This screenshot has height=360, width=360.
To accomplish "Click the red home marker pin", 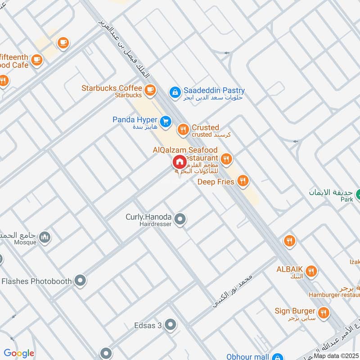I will coord(179,162).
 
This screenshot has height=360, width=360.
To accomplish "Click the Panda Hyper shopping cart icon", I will coord(166,121).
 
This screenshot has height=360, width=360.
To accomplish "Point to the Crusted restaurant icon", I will coord(183,130).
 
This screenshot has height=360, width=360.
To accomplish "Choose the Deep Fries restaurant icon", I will coord(243,181).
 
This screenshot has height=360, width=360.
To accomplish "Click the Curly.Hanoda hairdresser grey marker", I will coord(180,219).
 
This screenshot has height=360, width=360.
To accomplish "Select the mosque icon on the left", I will coord(44,237).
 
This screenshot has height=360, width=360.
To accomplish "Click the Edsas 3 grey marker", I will coord(170,324).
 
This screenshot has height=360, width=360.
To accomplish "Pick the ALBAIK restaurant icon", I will coord(310,271).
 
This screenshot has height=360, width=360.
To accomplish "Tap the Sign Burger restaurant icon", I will coord(323,312).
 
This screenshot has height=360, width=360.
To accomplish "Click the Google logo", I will coord(19,353).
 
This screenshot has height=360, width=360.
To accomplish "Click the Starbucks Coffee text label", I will coord(112,88).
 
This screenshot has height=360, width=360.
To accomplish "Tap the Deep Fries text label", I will coord(216,182).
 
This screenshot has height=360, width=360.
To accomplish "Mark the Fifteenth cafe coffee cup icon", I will coord(36,59).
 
